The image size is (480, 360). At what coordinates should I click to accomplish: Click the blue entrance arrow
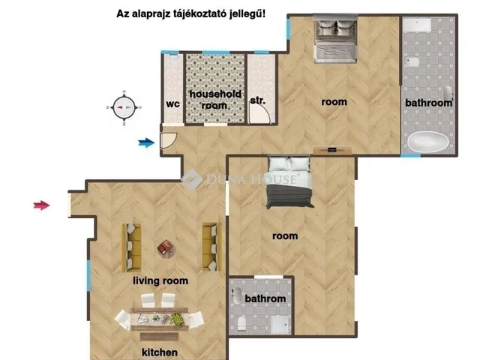146,142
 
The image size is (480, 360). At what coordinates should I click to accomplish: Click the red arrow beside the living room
42,205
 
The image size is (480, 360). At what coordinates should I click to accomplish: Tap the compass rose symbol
124,107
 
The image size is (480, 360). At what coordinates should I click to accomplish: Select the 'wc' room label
172,104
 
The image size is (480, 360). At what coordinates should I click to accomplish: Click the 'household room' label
215,100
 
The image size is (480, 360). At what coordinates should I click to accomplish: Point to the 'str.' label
258,100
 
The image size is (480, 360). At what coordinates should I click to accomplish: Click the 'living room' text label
160,280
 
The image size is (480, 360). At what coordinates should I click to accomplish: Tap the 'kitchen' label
160,352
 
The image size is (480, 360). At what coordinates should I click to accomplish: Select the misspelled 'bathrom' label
265,298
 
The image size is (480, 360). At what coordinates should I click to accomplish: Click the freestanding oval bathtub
427,141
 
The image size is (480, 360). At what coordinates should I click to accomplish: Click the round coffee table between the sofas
166,248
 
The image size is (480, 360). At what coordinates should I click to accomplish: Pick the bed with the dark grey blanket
289,182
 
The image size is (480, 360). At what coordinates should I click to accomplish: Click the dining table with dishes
159,319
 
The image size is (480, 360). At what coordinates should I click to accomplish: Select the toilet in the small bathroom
241,324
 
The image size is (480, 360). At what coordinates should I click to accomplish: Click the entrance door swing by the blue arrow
169,140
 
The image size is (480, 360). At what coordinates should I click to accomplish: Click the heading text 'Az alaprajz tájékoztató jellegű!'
191,14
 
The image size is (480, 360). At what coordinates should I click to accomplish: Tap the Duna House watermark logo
191,179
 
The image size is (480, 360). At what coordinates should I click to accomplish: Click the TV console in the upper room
332,150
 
